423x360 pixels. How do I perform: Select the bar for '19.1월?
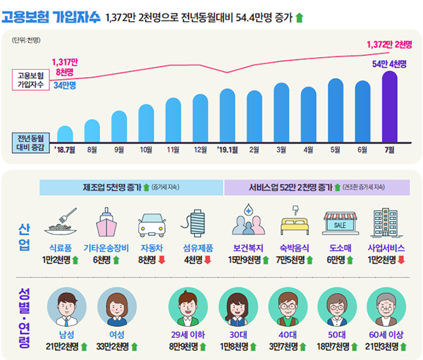227,116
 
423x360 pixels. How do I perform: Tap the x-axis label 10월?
146,149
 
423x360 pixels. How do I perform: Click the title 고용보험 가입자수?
51,15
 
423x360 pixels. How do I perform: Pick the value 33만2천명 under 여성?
113,346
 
